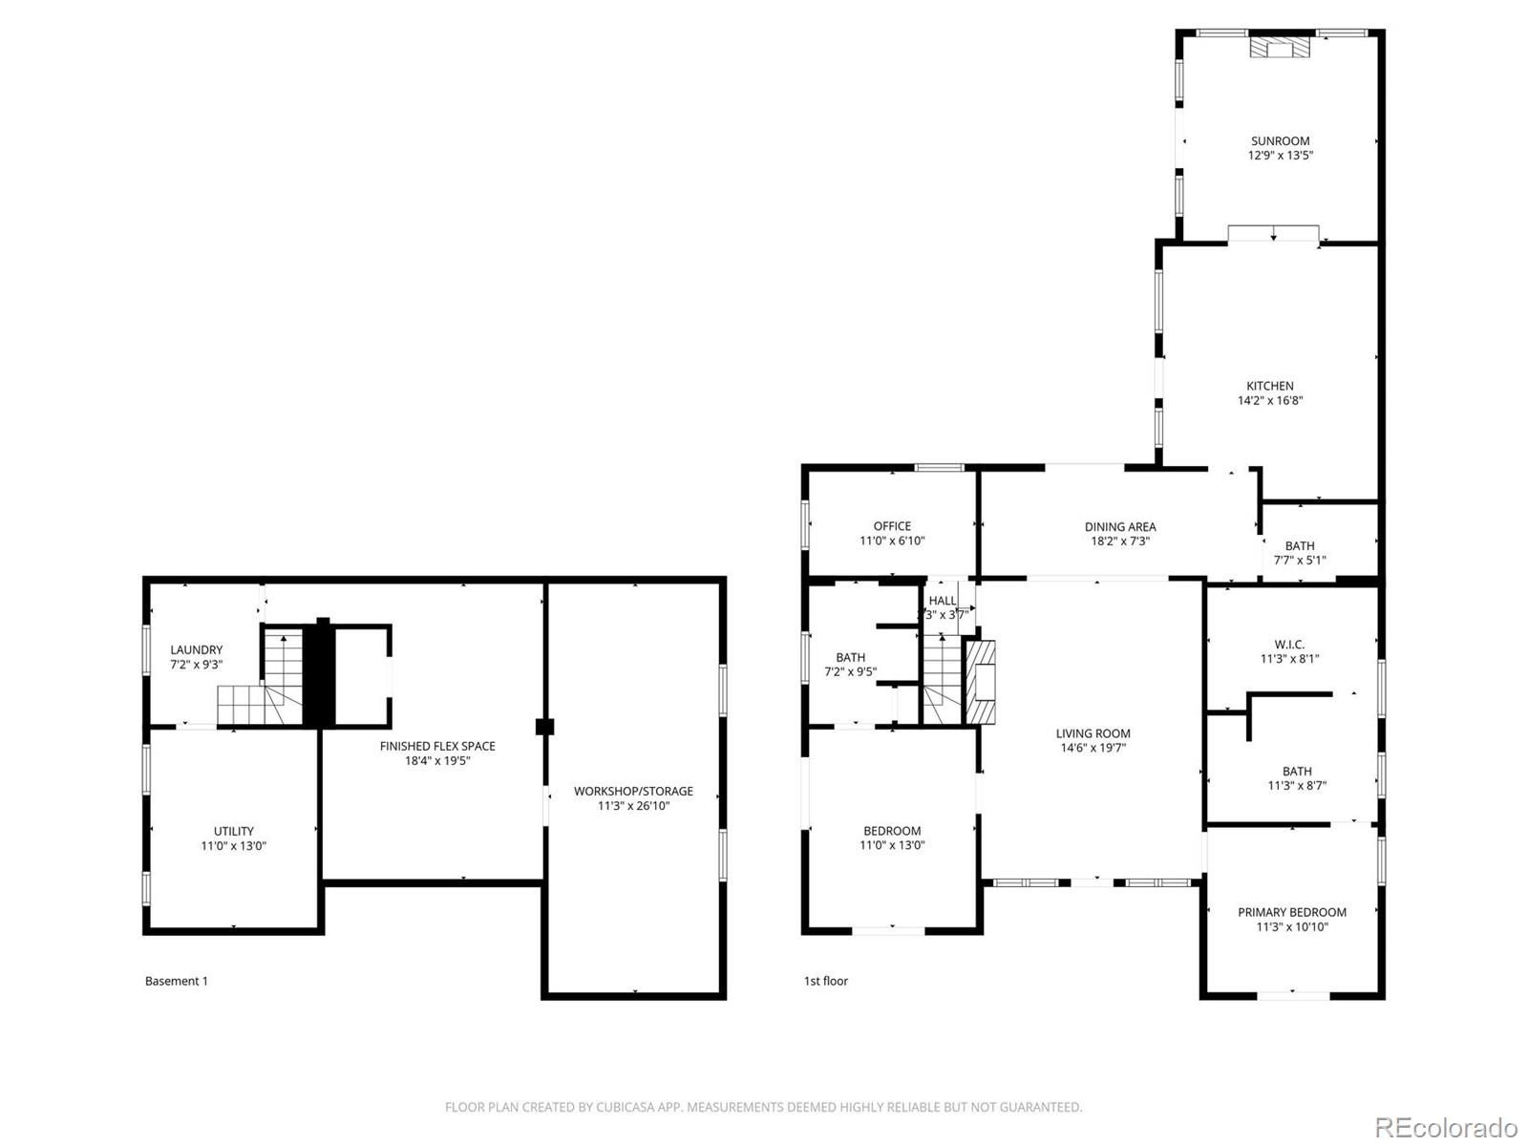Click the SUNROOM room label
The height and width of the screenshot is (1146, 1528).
[x=1280, y=140]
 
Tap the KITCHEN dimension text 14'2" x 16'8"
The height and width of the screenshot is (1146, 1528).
[x=1270, y=401]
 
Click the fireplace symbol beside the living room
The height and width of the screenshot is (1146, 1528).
[x=981, y=680]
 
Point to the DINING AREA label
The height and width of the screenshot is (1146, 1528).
[x=1120, y=526]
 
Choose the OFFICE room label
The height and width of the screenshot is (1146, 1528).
[x=892, y=526]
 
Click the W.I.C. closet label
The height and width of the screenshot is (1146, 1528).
[x=1289, y=645]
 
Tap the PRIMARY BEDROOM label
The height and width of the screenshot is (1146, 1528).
[x=1292, y=912]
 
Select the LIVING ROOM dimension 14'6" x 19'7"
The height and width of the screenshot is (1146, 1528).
[x=1093, y=748]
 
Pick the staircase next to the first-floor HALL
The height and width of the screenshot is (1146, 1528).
[x=942, y=678]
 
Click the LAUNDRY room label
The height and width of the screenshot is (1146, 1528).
[x=196, y=649]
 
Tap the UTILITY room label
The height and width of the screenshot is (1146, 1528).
[x=233, y=831]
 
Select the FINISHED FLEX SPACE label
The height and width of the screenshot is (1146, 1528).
[x=437, y=746]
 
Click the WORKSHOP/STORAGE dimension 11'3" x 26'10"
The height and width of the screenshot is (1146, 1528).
[x=633, y=806]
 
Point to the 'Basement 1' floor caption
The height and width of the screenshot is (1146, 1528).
[x=176, y=981]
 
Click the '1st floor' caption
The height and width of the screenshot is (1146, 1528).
[x=825, y=981]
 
